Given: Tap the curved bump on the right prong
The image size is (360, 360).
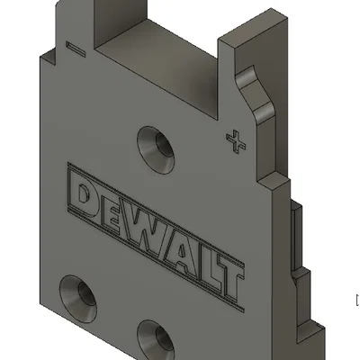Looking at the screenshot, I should (x=261, y=99).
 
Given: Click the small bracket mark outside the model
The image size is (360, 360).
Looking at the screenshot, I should (x=357, y=299).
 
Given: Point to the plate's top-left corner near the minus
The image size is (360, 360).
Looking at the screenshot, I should (x=41, y=56).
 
